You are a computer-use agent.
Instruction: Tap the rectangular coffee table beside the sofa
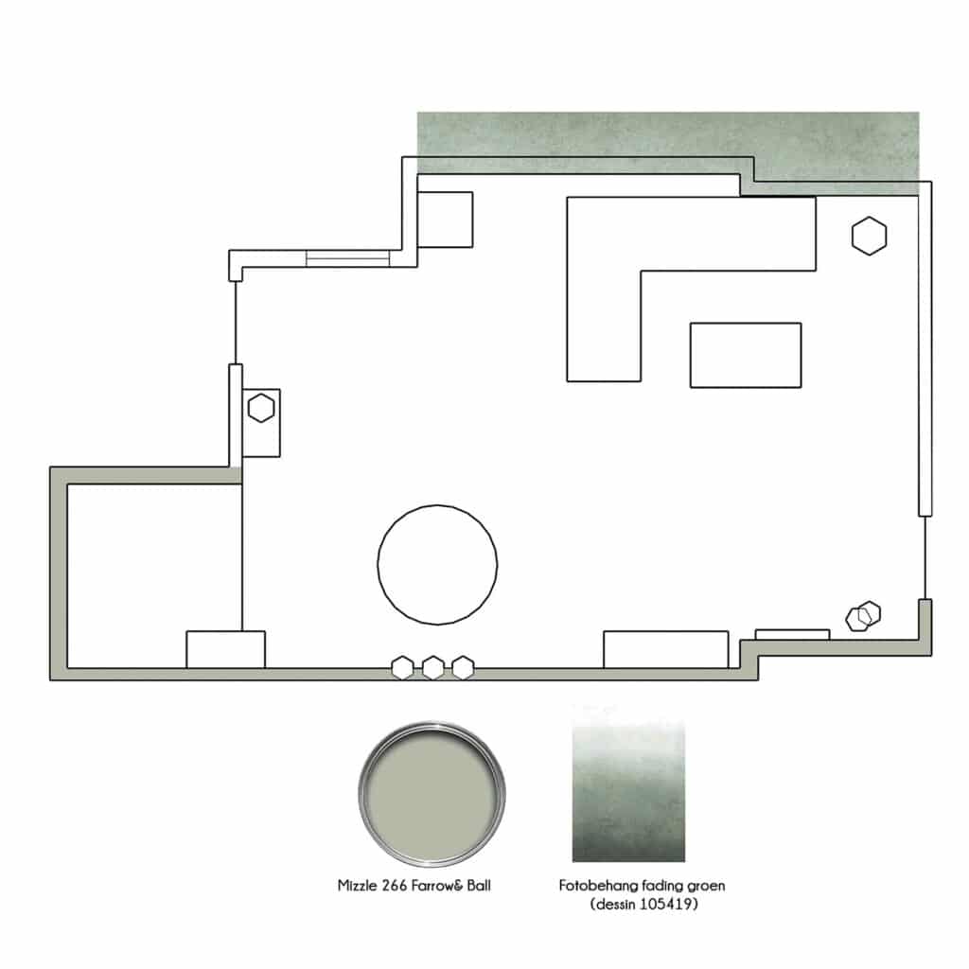pyautogui.click(x=746, y=356)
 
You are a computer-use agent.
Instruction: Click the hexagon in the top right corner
pyautogui.click(x=869, y=236)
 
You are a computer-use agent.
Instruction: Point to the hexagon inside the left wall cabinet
pyautogui.click(x=261, y=408)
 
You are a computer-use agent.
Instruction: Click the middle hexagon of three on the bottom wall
pyautogui.click(x=432, y=667)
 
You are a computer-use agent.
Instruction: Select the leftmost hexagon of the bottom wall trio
pyautogui.click(x=402, y=667)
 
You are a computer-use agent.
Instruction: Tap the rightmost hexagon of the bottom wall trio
pyautogui.click(x=463, y=667)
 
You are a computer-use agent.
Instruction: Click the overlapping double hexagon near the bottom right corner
pyautogui.click(x=863, y=616)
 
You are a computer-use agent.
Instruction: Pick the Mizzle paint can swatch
pyautogui.click(x=432, y=794)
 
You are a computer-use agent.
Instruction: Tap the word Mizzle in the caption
pyautogui.click(x=357, y=886)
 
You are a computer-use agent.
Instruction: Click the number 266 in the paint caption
pyautogui.click(x=395, y=886)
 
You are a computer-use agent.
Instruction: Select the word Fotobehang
pyautogui.click(x=598, y=886)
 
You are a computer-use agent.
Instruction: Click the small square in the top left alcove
pyautogui.click(x=445, y=220)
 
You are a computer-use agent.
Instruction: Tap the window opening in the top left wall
pyautogui.click(x=347, y=258)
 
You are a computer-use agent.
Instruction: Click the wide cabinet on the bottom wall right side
pyautogui.click(x=665, y=649)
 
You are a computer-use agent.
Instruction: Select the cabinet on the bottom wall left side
pyautogui.click(x=225, y=649)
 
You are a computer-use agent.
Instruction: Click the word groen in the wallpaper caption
pyautogui.click(x=706, y=887)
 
